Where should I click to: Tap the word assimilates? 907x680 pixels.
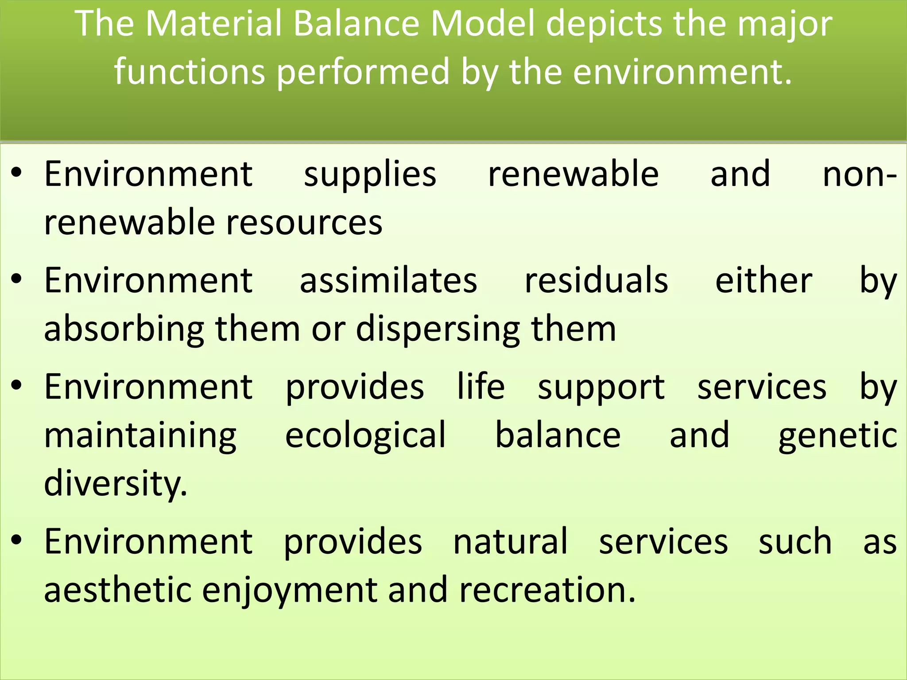388,280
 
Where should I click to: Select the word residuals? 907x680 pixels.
596,280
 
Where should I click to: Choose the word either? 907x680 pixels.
764,280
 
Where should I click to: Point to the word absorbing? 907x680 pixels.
124,329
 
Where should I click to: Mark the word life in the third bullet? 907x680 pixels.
481,386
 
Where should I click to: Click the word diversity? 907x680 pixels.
116,483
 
